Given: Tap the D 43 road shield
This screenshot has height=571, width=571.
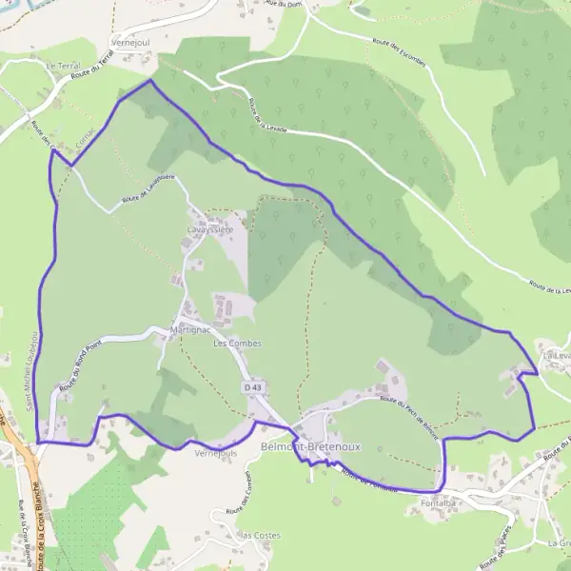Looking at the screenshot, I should pyautogui.click(x=251, y=388).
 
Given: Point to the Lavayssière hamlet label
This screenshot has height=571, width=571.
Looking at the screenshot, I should pyautogui.click(x=210, y=230).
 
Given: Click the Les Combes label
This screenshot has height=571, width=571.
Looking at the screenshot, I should pyautogui.click(x=237, y=343).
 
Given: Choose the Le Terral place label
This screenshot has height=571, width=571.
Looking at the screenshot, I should pyautogui.click(x=63, y=67).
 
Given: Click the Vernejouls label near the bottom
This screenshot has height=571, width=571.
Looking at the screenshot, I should pyautogui.click(x=214, y=454).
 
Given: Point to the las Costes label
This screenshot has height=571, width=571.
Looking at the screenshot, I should pyautogui.click(x=260, y=535).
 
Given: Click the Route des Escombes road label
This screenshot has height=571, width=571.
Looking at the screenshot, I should pyautogui.click(x=397, y=56).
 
